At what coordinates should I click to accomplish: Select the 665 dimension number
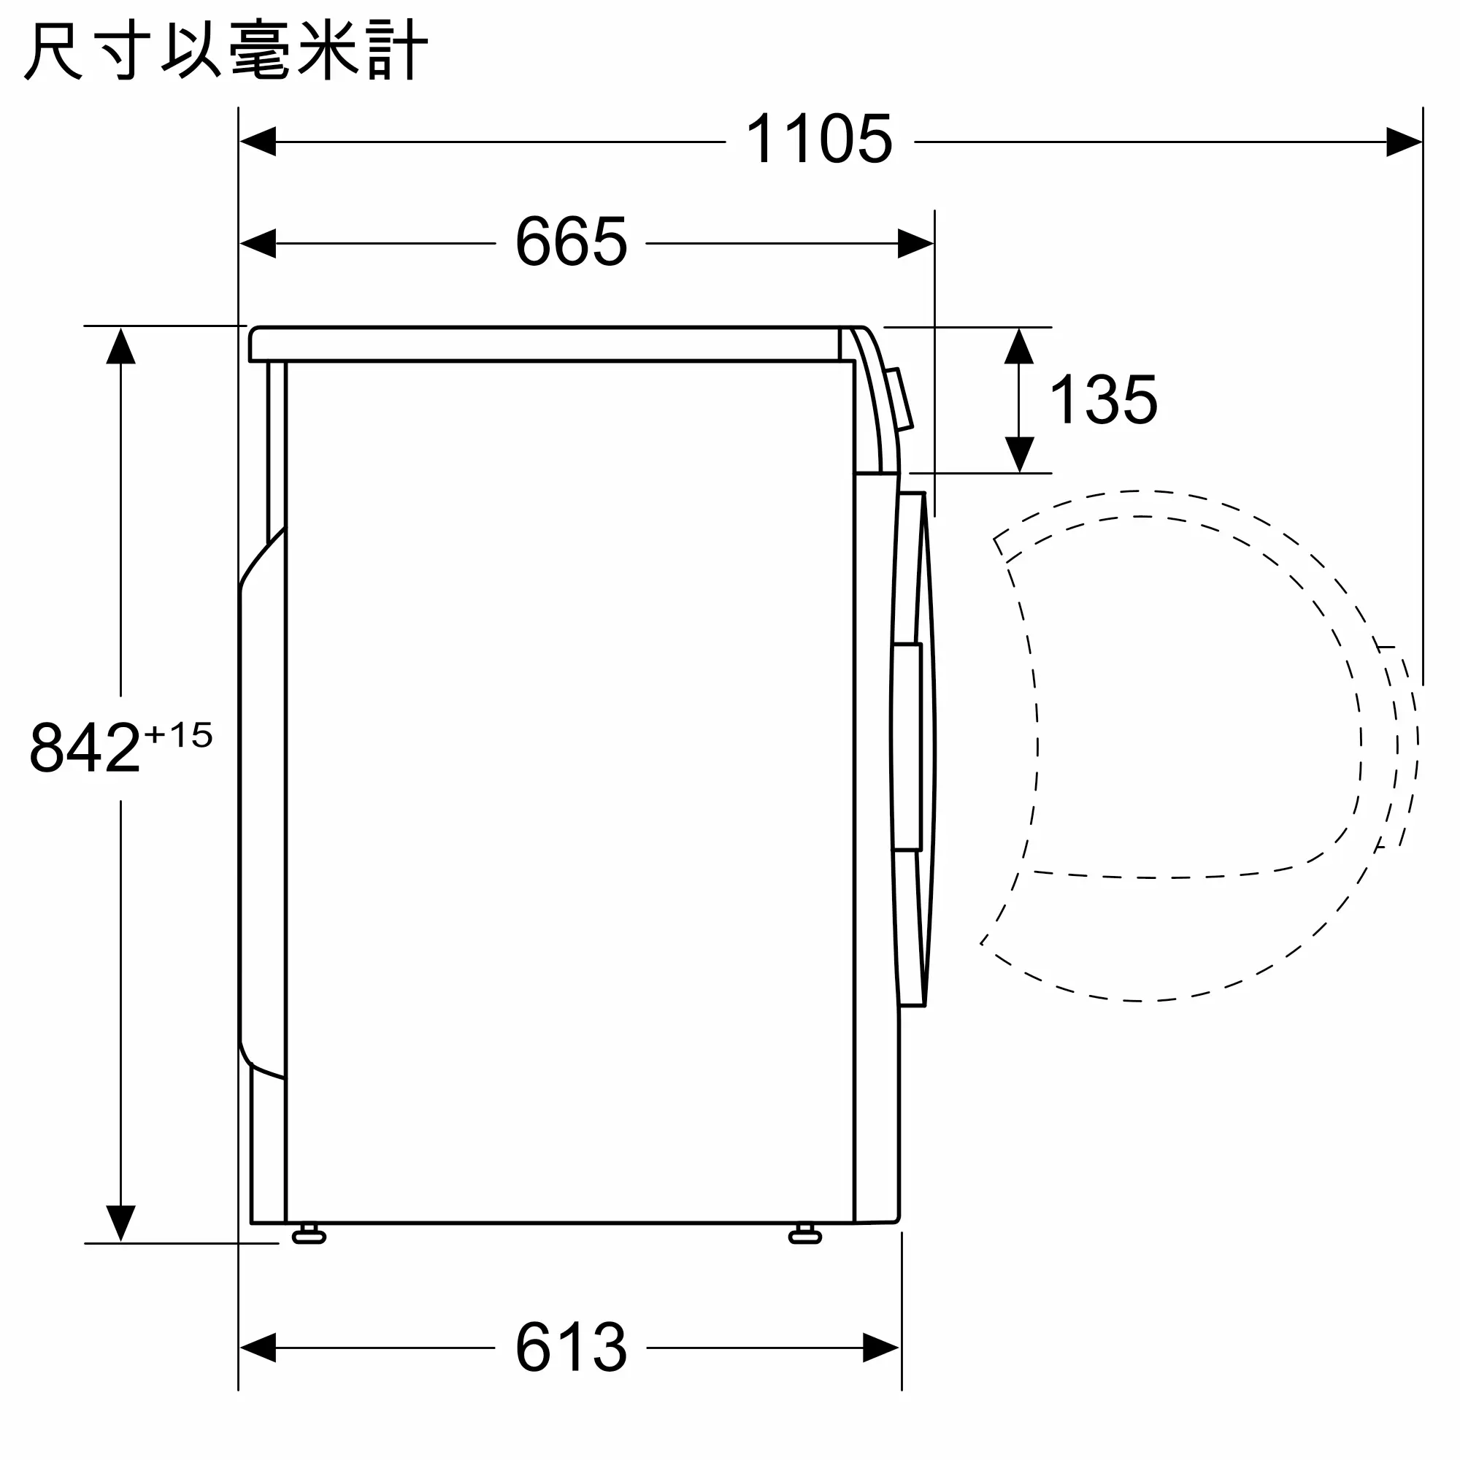[x=572, y=242]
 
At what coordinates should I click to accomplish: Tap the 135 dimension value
[x=1103, y=400]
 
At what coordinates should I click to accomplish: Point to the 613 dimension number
[x=572, y=1347]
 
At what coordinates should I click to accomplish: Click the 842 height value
[x=85, y=748]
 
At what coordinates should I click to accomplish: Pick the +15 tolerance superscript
[x=178, y=735]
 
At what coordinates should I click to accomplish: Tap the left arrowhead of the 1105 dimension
[x=258, y=142]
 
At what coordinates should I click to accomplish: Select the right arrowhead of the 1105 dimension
[x=1404, y=142]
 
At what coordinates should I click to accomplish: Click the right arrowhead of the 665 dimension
[x=915, y=243]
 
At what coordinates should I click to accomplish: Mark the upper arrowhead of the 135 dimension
[x=1019, y=346]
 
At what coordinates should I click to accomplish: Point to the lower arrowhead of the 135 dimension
[x=1019, y=455]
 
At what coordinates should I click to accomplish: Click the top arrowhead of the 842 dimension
[x=121, y=345]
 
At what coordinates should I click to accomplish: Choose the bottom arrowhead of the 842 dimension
[x=121, y=1223]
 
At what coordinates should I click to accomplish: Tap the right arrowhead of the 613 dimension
[x=881, y=1348]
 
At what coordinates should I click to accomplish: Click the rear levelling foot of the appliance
[x=308, y=1236]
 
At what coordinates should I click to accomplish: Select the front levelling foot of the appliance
[x=804, y=1236]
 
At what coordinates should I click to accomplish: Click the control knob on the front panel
[x=899, y=400]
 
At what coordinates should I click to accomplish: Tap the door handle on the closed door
[x=907, y=747]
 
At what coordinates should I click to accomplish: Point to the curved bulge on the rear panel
[x=261, y=801]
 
